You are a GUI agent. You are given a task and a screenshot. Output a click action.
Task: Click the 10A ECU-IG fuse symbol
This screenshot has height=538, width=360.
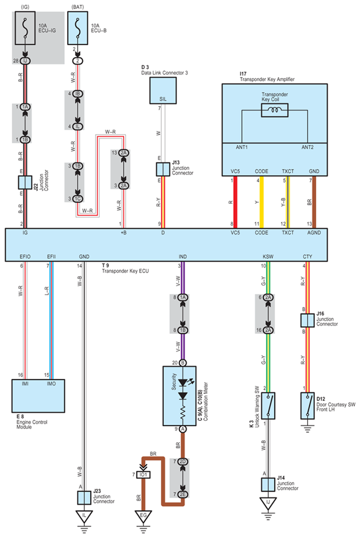tap(25, 28)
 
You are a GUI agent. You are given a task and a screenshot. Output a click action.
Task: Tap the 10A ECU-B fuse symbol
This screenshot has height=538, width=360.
tap(77, 28)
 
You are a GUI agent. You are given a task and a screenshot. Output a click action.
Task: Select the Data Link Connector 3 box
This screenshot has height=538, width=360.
tap(163, 90)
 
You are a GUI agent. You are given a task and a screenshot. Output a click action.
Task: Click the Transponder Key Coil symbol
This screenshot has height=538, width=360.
tap(274, 110)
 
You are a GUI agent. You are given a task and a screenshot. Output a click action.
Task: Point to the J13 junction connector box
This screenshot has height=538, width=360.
tap(163, 169)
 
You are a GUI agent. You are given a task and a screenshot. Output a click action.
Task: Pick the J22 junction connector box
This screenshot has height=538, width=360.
tap(25, 182)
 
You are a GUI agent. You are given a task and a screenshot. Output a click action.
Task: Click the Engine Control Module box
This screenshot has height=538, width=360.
tap(38, 396)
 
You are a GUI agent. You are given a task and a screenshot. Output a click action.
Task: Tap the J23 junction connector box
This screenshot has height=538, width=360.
tap(84, 498)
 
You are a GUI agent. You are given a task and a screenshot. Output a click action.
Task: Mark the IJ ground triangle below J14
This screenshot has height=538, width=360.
tap(268, 503)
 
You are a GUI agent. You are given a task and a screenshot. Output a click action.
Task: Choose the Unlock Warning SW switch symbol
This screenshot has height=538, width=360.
tap(268, 406)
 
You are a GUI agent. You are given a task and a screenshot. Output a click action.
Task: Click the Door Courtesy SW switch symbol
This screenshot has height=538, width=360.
tap(308, 406)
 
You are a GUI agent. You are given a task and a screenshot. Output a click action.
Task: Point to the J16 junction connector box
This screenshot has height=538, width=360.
tap(308, 320)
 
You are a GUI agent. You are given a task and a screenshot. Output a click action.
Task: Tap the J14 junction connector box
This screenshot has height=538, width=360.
tap(268, 485)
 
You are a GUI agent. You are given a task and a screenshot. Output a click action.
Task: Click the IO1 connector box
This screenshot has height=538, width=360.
tap(143, 475)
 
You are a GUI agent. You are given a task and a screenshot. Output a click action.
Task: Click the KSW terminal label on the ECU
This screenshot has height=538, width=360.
tap(268, 257)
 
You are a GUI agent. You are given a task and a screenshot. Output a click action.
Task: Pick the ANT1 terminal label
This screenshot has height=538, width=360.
tap(242, 147)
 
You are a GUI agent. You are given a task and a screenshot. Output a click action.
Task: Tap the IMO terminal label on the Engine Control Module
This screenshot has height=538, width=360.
tap(51, 384)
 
